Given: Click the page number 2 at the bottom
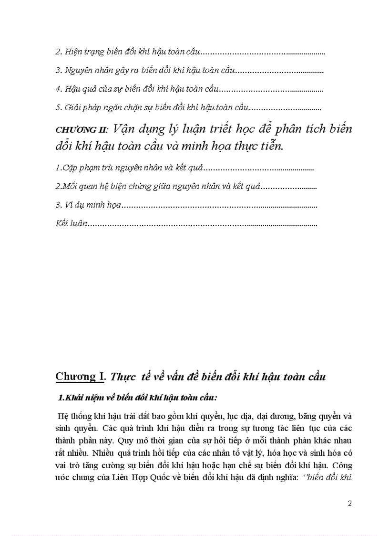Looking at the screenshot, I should (350, 503).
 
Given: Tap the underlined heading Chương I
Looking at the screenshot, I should (80, 377).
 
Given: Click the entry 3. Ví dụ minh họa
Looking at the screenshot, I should (88, 205).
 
